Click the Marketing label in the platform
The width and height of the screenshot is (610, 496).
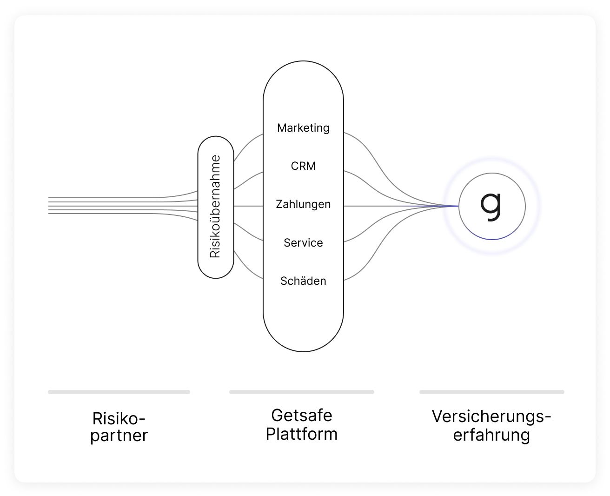[x=303, y=128]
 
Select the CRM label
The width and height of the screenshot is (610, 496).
[x=303, y=166]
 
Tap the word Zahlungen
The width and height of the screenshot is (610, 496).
[x=303, y=204]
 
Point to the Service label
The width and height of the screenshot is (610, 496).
[x=303, y=243]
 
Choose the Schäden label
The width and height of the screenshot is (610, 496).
[x=303, y=281]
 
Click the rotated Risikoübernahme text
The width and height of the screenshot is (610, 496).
[x=215, y=207]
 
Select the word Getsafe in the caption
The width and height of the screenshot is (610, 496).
[x=301, y=415]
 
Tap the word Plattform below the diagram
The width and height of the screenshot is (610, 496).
[x=301, y=434]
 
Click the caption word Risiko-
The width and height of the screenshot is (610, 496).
[x=119, y=418]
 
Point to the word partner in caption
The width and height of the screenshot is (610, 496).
[x=119, y=436]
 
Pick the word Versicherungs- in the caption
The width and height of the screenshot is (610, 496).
[x=491, y=416]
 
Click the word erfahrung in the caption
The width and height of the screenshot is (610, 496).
[x=491, y=436]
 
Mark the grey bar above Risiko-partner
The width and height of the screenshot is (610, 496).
[x=119, y=392]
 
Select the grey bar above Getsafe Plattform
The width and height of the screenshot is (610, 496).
[x=301, y=392]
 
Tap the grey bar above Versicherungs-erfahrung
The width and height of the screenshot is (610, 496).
[x=491, y=392]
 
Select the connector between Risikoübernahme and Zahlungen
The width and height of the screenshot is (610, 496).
[x=248, y=206]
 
